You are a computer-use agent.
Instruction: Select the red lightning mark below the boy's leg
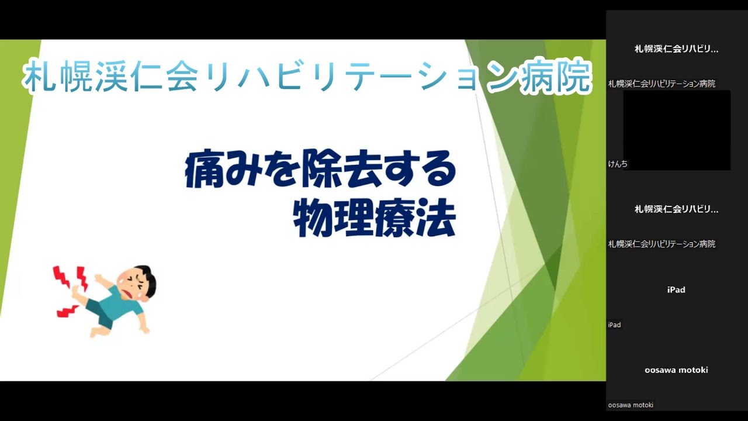[67, 311]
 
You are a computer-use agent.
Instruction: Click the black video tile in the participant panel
[676, 130]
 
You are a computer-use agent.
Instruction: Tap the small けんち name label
[618, 164]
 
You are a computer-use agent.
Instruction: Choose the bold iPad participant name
[676, 290]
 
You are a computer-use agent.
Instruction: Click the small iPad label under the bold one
[614, 325]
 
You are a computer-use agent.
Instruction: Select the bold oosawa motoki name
[676, 370]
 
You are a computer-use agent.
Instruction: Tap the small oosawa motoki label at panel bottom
[631, 405]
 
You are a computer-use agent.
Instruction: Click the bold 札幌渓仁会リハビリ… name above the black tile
[676, 49]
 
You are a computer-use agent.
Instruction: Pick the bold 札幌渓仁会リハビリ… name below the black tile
[676, 209]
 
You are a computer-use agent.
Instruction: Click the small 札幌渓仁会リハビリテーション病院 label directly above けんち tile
[662, 84]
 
